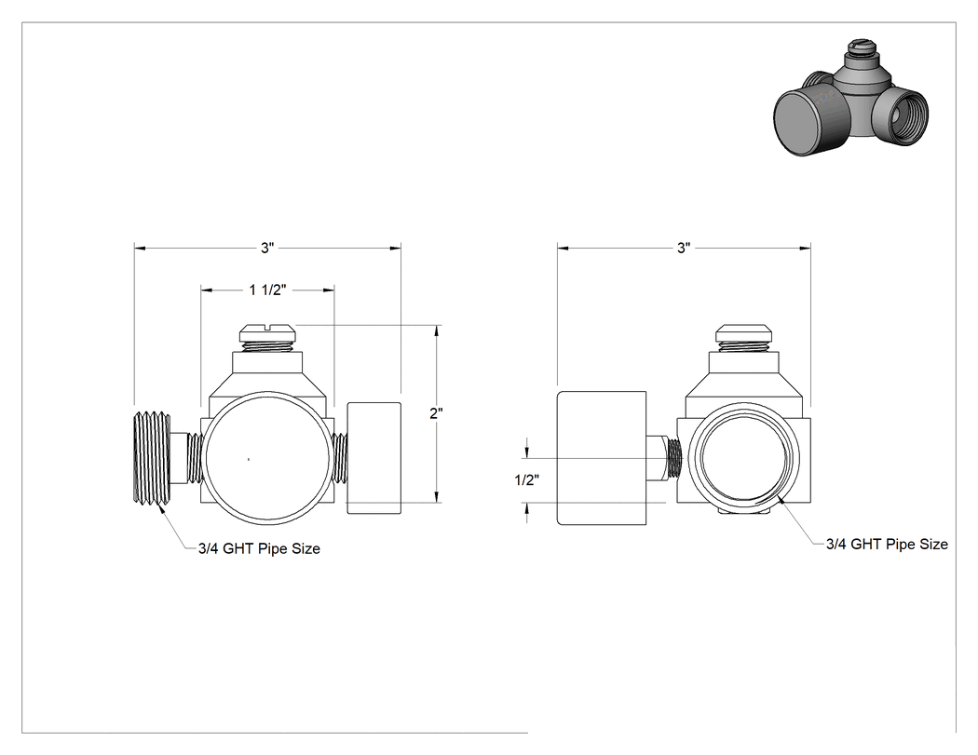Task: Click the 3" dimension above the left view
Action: point(267,249)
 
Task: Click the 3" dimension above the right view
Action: point(684,249)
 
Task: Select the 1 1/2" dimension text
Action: point(267,290)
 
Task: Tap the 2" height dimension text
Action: point(436,413)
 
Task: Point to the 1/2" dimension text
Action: point(527,480)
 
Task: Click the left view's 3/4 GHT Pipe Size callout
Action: point(260,548)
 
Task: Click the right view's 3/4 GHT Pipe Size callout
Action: point(887,545)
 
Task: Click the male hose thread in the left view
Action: point(152,458)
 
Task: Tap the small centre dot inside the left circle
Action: point(249,460)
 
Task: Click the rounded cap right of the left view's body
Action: point(374,458)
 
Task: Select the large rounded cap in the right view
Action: point(602,458)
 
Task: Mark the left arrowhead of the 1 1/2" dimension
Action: point(205,290)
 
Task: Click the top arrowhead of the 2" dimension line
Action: point(436,330)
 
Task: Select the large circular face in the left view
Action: point(267,392)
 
